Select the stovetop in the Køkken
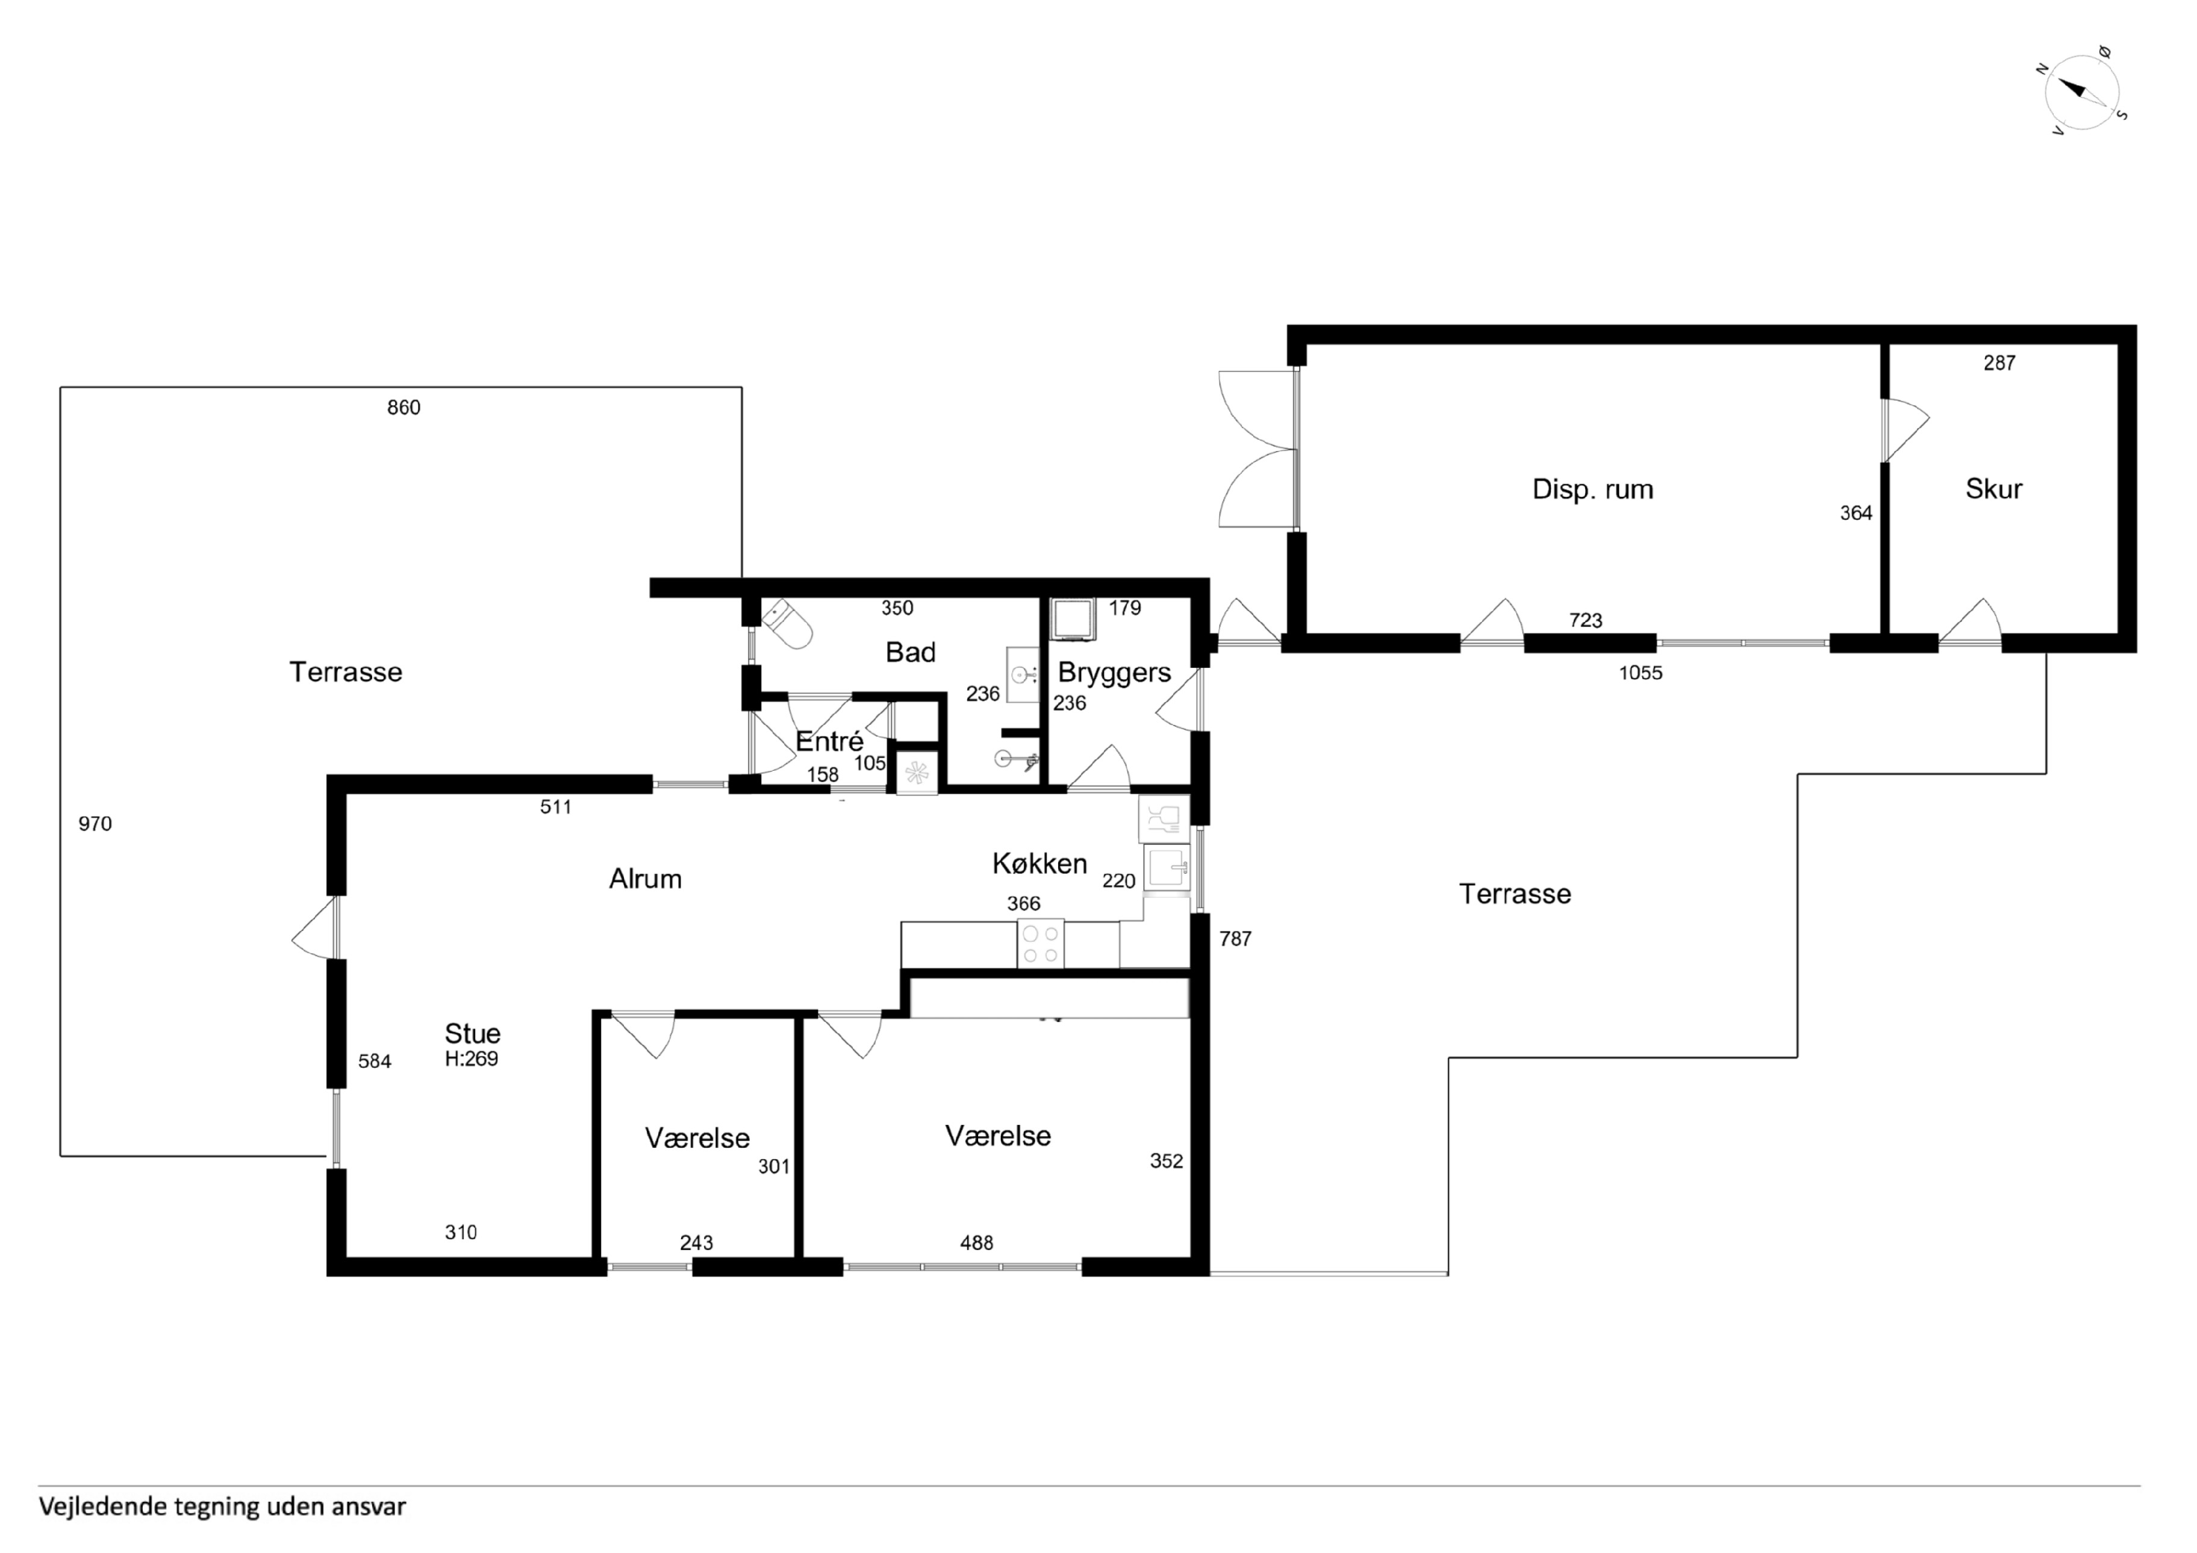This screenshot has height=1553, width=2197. (1040, 944)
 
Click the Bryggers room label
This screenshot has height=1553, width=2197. (1114, 673)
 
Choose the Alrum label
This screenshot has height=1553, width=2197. (645, 879)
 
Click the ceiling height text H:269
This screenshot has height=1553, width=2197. (471, 1059)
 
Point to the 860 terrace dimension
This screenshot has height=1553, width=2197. (404, 408)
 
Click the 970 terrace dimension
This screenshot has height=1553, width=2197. (95, 824)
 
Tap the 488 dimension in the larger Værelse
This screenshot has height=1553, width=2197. (976, 1243)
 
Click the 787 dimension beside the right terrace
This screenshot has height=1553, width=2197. (1235, 939)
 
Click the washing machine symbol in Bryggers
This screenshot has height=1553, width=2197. (1073, 619)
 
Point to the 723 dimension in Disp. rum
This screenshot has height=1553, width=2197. (1586, 620)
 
